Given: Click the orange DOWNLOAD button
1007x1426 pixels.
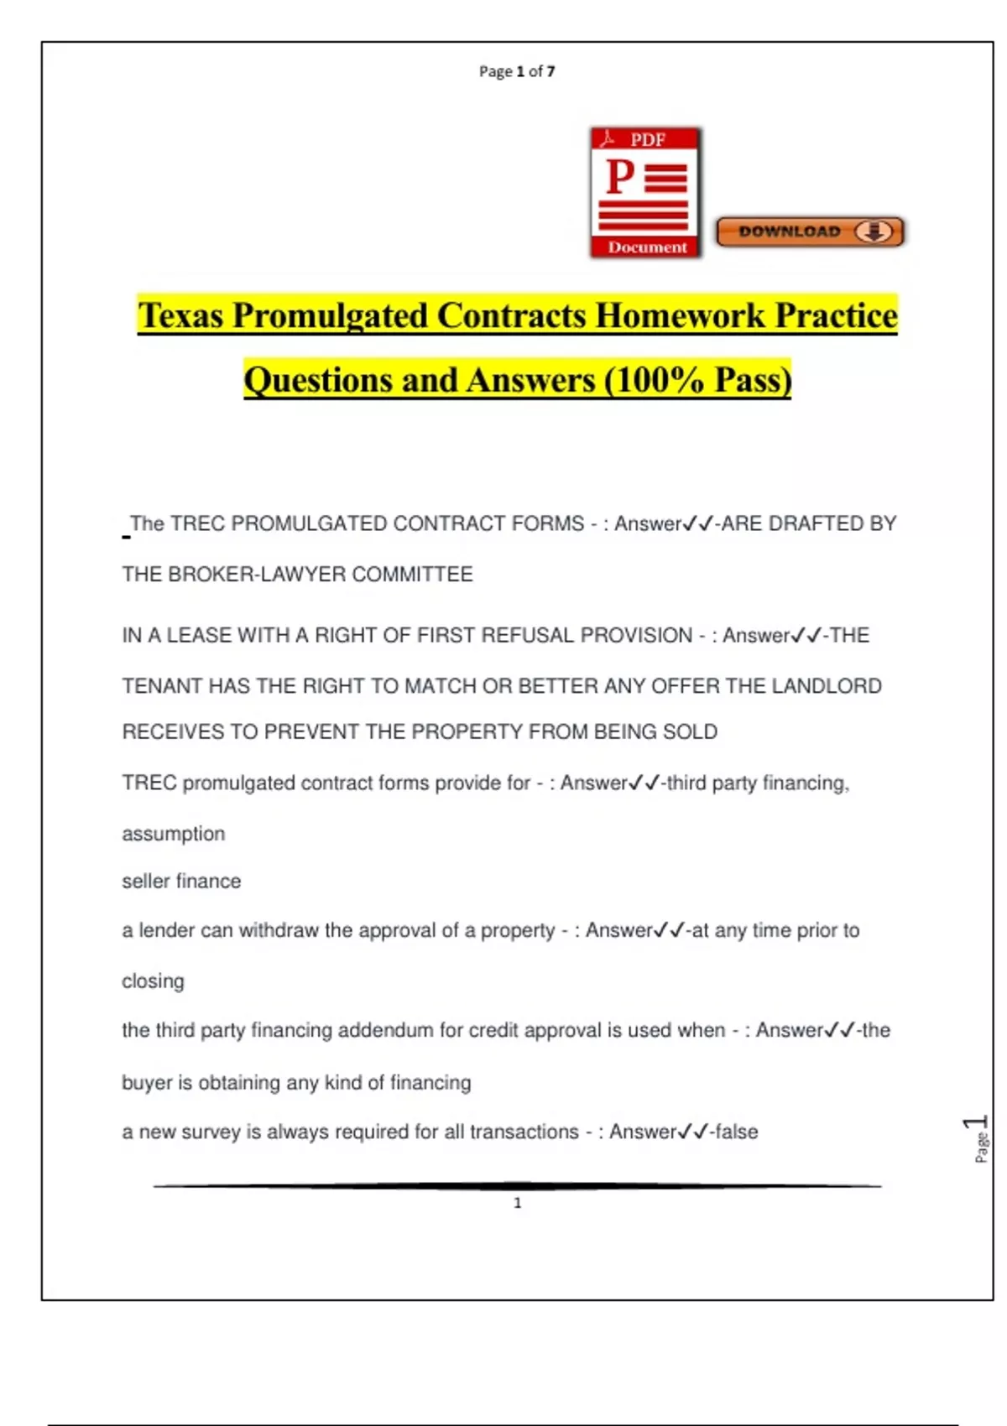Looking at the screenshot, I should pos(810,232).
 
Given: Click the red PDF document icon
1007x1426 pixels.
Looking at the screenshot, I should pos(645,193).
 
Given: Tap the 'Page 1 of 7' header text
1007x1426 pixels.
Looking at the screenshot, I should pos(517,71).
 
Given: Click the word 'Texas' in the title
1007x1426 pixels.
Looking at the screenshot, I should pos(181,316).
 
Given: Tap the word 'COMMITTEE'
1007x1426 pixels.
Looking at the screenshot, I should pos(412,575).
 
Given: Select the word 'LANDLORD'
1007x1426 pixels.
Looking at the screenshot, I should pos(827,686).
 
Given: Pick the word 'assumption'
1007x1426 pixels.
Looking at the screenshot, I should pos(174,834).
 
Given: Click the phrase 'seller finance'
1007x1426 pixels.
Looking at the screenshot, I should pos(181,882).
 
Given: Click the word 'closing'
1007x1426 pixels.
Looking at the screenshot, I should pos(153,981).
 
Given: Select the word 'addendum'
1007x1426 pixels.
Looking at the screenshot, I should pos(385,1031).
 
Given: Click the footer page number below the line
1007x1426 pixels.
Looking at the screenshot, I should pos(518,1204).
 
